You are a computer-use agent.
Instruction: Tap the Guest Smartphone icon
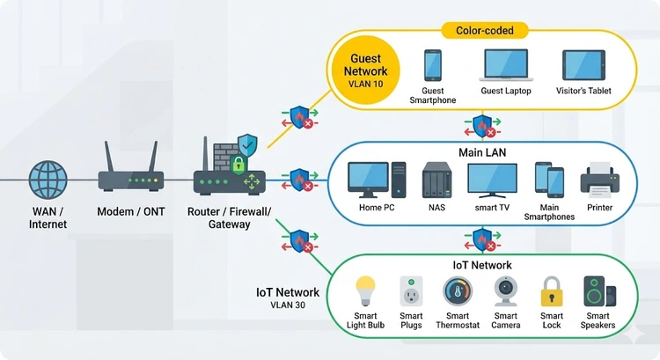tap(432, 64)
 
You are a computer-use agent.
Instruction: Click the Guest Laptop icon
tap(505, 65)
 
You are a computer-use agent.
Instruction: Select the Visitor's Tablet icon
tap(583, 65)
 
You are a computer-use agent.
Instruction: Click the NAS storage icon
tap(437, 180)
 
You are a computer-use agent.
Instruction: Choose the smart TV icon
tap(492, 180)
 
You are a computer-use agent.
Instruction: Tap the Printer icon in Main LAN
tap(602, 180)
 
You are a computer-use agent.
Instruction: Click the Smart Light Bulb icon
tap(364, 290)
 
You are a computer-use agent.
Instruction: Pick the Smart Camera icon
tap(505, 291)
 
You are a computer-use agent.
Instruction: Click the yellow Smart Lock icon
tap(552, 291)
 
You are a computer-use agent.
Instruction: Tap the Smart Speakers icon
tap(599, 291)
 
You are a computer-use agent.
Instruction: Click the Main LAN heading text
tap(481, 152)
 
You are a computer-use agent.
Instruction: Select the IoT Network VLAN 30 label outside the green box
tap(287, 298)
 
